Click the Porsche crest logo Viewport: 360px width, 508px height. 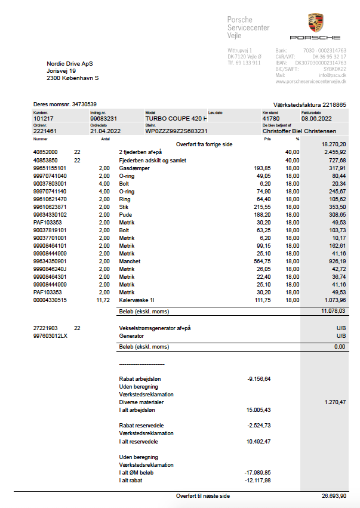pos(316,23)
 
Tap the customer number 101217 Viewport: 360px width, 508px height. pos(44,119)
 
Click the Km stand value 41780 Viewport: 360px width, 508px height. pos(271,119)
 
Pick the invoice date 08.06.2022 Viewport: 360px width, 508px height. pos(316,119)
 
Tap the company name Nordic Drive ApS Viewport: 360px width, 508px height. pos(70,63)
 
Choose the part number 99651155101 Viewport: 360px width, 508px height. pos(50,168)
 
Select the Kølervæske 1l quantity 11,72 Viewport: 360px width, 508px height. pos(103,300)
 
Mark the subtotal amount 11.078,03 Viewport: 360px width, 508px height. pos(333,311)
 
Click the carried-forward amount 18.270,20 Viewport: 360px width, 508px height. pos(334,144)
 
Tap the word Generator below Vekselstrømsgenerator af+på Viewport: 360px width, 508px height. pos(132,336)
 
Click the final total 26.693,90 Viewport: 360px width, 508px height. pos(333,496)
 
